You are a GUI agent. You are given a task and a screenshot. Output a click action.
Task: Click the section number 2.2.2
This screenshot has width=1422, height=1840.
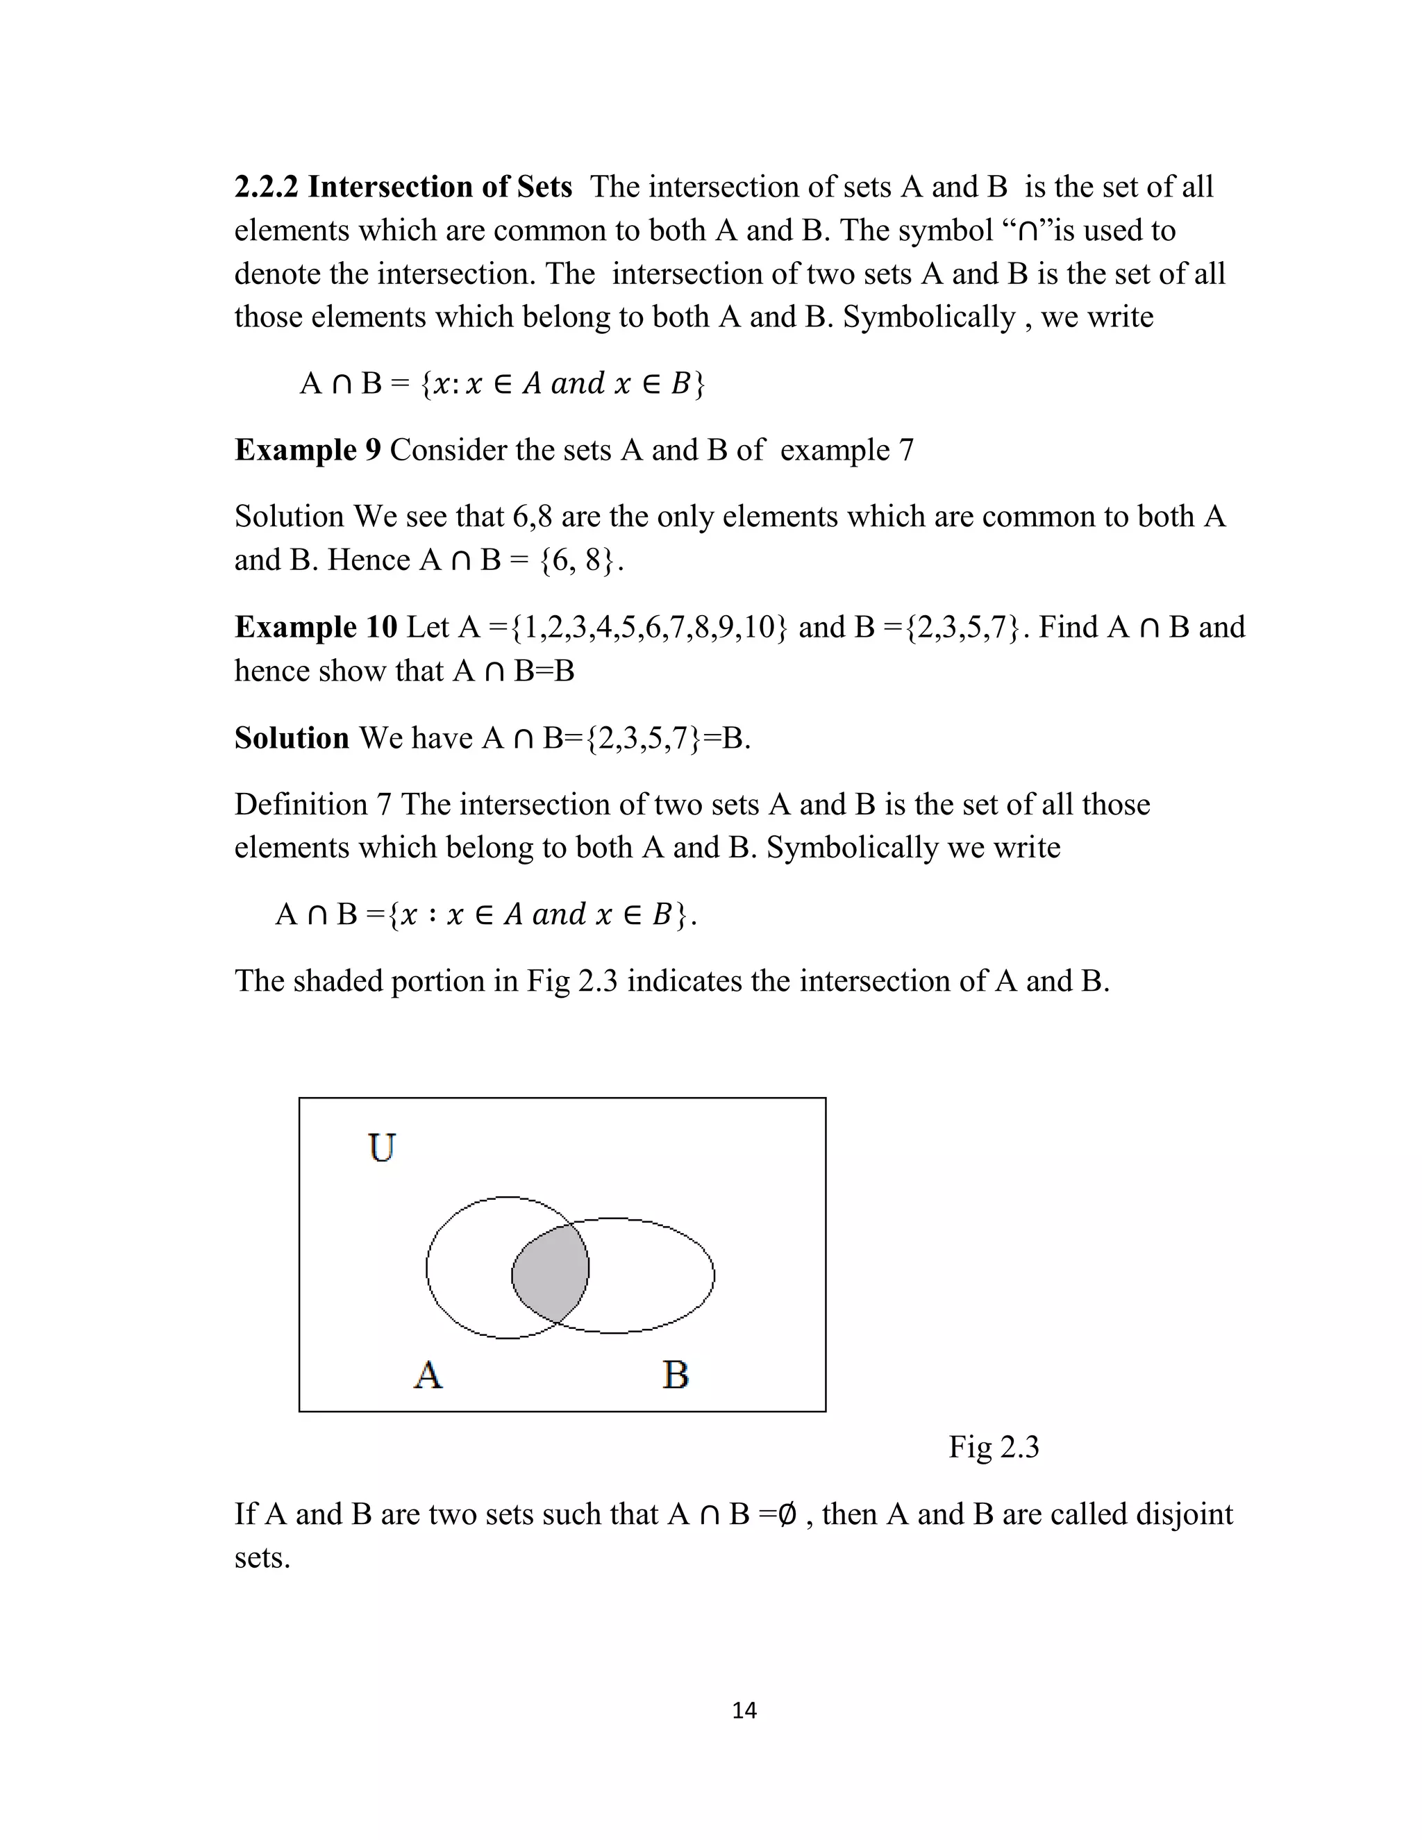[x=266, y=187]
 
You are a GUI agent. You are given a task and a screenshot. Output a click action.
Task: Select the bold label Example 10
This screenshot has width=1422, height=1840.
[x=315, y=627]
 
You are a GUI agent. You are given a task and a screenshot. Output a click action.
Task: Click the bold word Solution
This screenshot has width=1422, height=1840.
[x=292, y=738]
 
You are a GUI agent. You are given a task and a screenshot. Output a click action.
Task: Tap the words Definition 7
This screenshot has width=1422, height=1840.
[x=312, y=805]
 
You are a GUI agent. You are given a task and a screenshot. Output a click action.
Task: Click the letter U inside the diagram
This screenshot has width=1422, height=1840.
[x=382, y=1148]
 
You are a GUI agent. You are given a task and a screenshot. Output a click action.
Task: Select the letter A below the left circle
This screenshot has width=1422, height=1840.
[x=428, y=1375]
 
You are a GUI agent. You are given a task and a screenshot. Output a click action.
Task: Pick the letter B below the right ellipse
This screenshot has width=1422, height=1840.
[x=676, y=1375]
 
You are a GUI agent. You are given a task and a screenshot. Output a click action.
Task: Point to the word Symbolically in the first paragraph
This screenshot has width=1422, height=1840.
[x=928, y=317]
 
